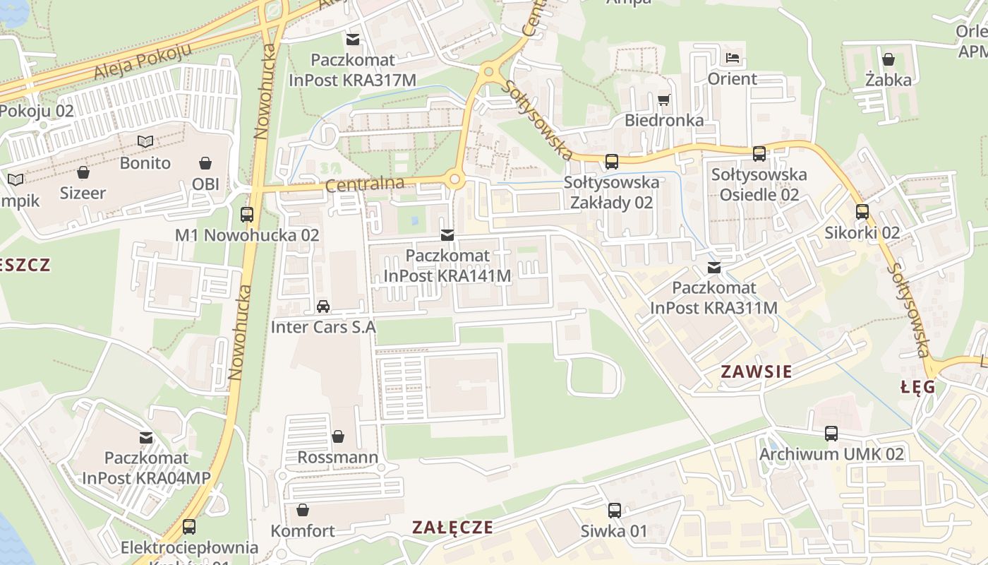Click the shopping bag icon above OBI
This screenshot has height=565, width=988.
click(205, 163)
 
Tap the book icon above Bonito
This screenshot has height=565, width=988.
click(145, 142)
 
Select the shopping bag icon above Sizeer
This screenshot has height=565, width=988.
click(83, 172)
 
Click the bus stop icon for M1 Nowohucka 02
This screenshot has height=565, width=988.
click(247, 214)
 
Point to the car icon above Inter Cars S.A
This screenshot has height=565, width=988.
click(323, 307)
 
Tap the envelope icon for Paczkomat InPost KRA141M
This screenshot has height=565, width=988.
click(447, 234)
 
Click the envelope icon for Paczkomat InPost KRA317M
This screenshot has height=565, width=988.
click(352, 40)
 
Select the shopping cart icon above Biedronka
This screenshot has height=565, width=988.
click(663, 100)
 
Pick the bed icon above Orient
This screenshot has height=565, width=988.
click(733, 58)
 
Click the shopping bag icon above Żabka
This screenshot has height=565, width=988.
click(888, 59)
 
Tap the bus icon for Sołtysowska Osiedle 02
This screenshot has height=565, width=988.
click(759, 153)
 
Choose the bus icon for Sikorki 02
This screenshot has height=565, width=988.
click(862, 212)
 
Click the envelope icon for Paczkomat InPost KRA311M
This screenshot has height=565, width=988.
click(714, 268)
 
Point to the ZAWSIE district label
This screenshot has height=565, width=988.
click(757, 371)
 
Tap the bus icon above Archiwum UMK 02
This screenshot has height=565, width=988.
click(831, 434)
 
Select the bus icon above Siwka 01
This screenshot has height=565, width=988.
click(614, 510)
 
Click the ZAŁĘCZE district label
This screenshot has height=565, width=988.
click(452, 528)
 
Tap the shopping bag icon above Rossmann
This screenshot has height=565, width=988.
click(338, 436)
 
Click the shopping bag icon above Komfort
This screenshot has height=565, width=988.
click(303, 510)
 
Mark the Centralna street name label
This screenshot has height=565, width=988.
click(365, 185)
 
